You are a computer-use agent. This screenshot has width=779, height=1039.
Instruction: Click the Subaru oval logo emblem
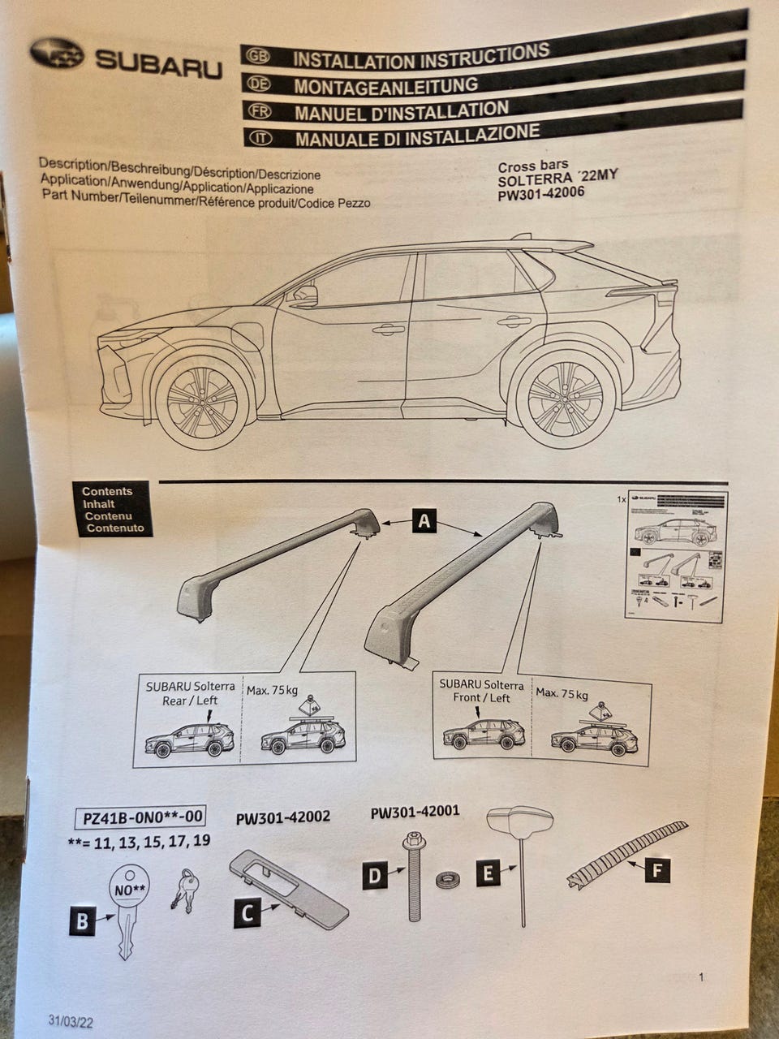pyautogui.click(x=57, y=54)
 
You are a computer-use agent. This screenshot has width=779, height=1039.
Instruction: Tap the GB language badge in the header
pyautogui.click(x=258, y=56)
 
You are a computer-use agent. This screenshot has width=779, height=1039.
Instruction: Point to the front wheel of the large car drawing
pyautogui.click(x=204, y=401)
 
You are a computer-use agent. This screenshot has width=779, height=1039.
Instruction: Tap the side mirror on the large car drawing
pyautogui.click(x=304, y=295)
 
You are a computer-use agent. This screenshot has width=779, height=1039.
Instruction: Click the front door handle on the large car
pyautogui.click(x=388, y=329)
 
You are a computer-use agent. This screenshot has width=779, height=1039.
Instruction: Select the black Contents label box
pyautogui.click(x=114, y=510)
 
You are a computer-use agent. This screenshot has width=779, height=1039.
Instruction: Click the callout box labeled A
pyautogui.click(x=424, y=520)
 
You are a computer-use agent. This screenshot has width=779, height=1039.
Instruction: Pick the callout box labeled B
pyautogui.click(x=82, y=921)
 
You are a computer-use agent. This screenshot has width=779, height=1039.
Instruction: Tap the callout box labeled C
pyautogui.click(x=248, y=913)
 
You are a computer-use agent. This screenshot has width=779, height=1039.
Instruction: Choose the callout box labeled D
pyautogui.click(x=375, y=876)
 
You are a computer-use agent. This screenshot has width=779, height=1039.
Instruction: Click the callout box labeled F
pyautogui.click(x=658, y=871)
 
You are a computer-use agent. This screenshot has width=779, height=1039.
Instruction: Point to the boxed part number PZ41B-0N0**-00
pyautogui.click(x=140, y=816)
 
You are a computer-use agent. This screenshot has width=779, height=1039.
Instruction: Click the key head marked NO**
pyautogui.click(x=129, y=888)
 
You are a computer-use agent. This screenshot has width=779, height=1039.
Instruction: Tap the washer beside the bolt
pyautogui.click(x=446, y=881)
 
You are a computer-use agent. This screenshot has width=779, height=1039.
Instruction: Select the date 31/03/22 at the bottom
pyautogui.click(x=71, y=1021)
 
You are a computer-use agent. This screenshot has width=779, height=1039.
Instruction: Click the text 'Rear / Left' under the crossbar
pyautogui.click(x=190, y=701)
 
